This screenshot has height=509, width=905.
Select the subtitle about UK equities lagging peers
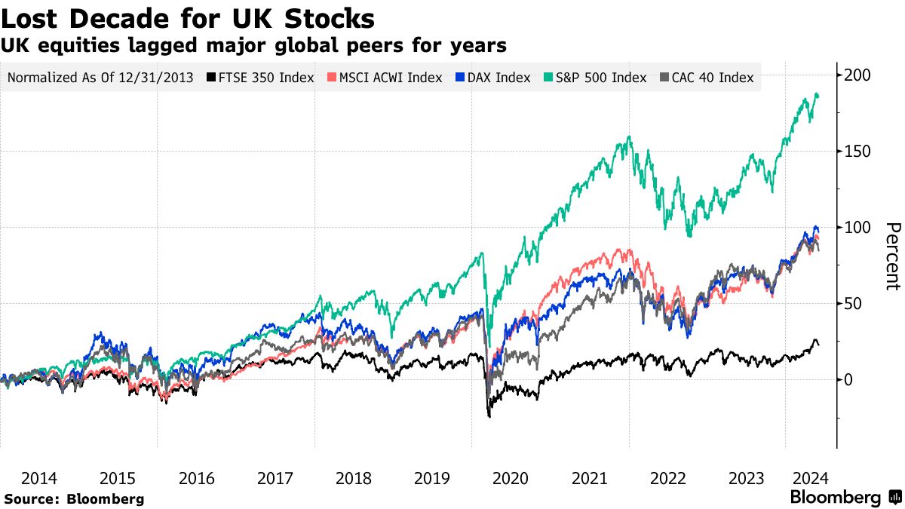[x=253, y=45]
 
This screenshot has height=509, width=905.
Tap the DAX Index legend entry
[x=494, y=78]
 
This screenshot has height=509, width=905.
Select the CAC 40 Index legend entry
[x=707, y=78]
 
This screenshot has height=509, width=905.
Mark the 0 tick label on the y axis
[x=849, y=379]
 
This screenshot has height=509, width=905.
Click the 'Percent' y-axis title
[x=893, y=256]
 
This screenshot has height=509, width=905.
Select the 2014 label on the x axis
[x=39, y=478]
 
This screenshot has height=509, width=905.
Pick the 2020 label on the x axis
[x=511, y=478]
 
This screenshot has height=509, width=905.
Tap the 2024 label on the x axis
[x=809, y=478]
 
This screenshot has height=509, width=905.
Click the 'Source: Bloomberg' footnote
[x=73, y=498]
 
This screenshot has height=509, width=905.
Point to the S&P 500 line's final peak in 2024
[x=817, y=94]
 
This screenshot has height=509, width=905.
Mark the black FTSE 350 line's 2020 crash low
[x=489, y=416]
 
